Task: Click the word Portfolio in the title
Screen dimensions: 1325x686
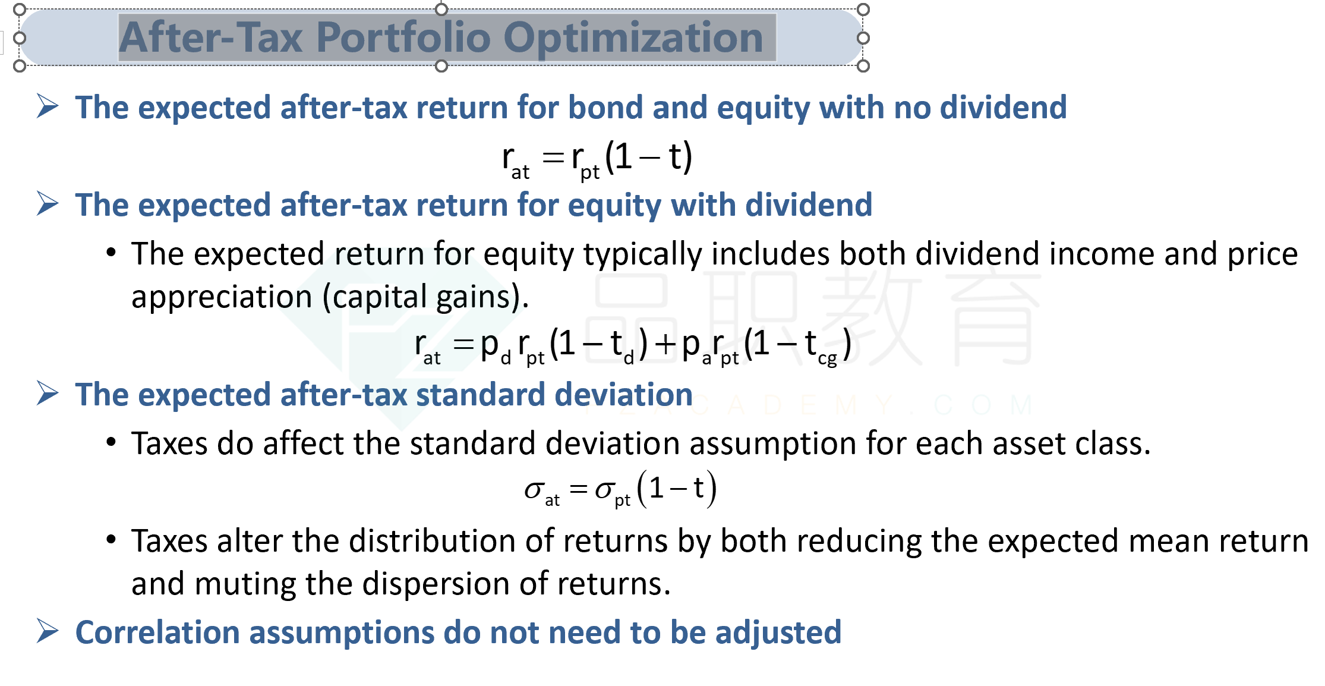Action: click(x=403, y=37)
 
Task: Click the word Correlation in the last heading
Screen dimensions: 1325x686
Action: click(x=157, y=632)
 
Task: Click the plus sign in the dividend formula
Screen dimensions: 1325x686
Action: click(x=666, y=344)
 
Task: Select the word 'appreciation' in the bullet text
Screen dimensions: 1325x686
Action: click(x=222, y=297)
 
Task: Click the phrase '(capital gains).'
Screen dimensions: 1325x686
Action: click(x=425, y=297)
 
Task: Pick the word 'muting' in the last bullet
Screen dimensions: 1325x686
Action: click(x=244, y=584)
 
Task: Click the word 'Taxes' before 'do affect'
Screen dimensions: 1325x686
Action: click(x=169, y=443)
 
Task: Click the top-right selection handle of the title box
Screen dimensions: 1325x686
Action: click(x=863, y=10)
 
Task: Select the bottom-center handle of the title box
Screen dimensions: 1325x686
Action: click(x=441, y=66)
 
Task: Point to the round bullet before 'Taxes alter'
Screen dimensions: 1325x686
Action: click(x=111, y=540)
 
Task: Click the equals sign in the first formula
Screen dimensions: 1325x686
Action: click(x=553, y=158)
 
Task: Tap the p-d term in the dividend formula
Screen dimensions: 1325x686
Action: click(x=495, y=348)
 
